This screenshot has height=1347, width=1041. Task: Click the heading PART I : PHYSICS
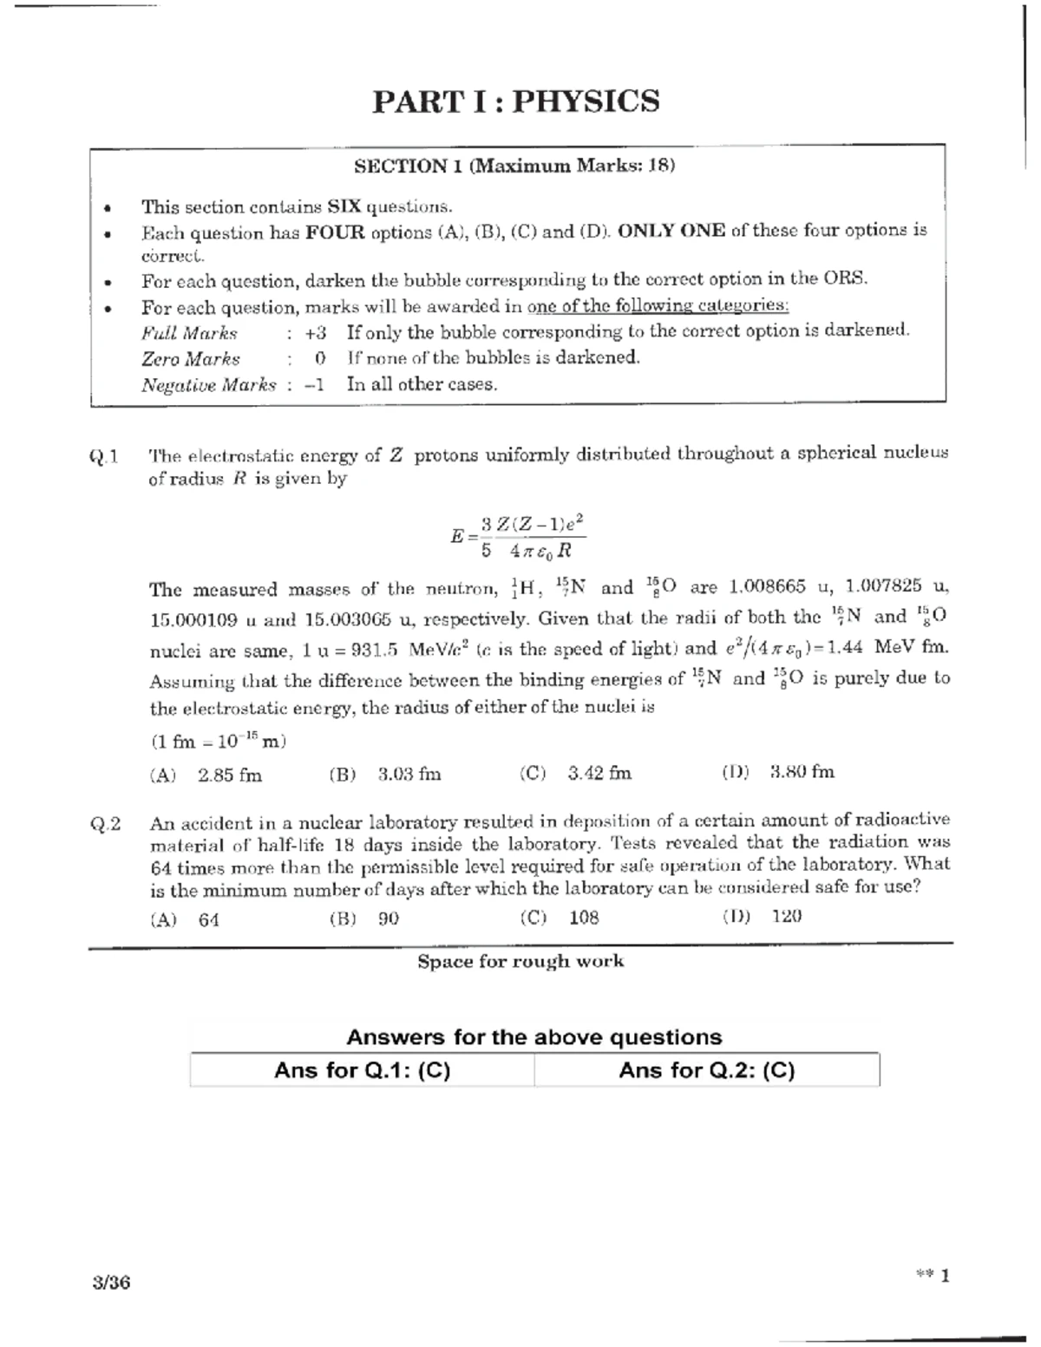click(x=516, y=101)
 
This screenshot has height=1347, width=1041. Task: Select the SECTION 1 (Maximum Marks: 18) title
click(x=514, y=166)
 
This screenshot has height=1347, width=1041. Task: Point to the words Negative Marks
click(x=208, y=385)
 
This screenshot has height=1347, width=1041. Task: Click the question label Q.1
click(x=103, y=456)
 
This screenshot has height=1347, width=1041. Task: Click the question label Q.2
click(x=105, y=824)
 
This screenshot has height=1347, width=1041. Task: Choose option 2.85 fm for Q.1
click(x=229, y=775)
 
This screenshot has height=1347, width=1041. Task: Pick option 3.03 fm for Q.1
click(x=409, y=775)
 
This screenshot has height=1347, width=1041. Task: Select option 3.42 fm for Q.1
click(x=599, y=773)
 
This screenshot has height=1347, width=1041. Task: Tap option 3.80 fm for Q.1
click(x=802, y=772)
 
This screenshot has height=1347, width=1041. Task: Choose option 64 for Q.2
click(x=208, y=919)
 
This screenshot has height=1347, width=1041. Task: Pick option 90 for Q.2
click(x=388, y=919)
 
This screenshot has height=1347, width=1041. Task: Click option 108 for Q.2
click(x=583, y=918)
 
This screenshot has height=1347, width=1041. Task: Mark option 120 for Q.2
click(x=786, y=916)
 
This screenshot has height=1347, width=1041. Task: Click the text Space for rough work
click(x=520, y=961)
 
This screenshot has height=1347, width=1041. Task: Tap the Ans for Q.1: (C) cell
click(x=362, y=1070)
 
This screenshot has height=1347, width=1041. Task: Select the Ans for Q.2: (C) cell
click(x=706, y=1070)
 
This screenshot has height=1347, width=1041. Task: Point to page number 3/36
click(x=112, y=1282)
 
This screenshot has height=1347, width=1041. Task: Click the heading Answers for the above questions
click(x=534, y=1036)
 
